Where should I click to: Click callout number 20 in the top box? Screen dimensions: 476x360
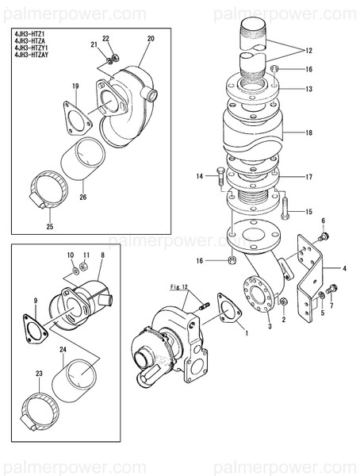coord(151,38)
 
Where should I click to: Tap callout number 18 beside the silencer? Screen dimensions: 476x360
coord(308,133)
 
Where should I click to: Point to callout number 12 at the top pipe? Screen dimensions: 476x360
coord(308,51)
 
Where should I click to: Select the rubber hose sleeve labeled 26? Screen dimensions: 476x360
coord(90,159)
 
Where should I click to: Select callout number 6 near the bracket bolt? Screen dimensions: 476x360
coord(323,219)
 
